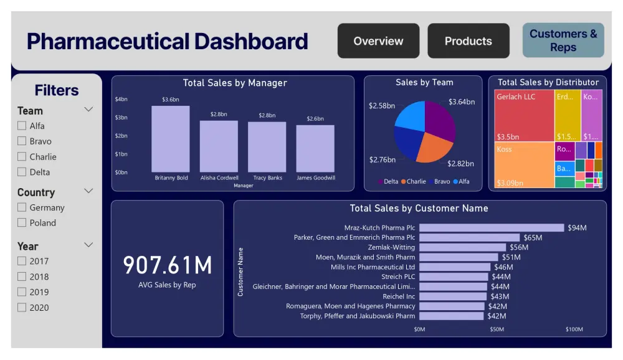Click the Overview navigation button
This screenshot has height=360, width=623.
tap(378, 41)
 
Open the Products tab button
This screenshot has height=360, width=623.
tap(468, 41)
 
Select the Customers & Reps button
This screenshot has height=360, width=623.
tap(563, 40)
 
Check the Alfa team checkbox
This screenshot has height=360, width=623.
tap(22, 126)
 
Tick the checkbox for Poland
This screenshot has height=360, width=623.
tap(22, 223)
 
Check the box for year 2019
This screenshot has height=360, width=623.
tap(22, 292)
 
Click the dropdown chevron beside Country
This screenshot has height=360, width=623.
tap(88, 191)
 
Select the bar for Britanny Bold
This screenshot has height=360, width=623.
tap(171, 139)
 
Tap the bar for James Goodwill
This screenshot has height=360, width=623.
tap(315, 149)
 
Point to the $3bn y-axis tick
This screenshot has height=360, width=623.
tap(121, 117)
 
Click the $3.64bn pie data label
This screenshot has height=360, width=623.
tap(462, 102)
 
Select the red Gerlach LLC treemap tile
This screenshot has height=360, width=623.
tap(524, 116)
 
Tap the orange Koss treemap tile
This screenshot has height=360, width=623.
tap(524, 165)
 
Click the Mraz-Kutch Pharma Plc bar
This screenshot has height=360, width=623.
tap(491, 228)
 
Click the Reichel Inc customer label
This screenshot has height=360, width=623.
tap(399, 296)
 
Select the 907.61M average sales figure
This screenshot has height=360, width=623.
tap(167, 265)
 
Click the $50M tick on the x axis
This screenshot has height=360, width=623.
tap(497, 329)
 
